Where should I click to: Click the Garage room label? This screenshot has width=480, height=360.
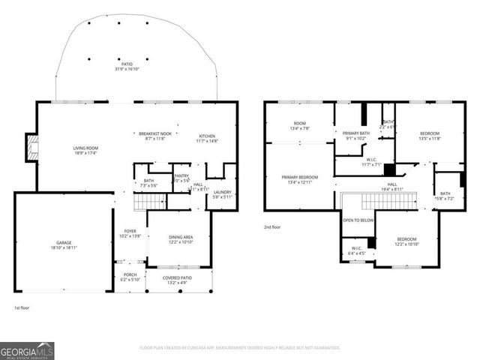[64, 244]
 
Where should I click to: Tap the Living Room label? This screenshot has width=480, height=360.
[85, 148]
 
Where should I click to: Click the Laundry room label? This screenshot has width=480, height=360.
[222, 193]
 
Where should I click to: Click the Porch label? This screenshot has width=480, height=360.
[130, 275]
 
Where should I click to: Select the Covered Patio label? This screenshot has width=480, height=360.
[178, 277]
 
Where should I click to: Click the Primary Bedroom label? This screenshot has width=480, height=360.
[299, 178]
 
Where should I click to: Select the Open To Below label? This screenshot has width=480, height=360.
[358, 220]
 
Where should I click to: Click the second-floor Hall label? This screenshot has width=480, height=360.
[392, 184]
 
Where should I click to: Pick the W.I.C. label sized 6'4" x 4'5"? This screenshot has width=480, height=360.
[356, 250]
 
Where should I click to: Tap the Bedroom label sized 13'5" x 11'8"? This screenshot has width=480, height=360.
[430, 133]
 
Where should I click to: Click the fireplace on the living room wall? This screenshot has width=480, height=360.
[31, 148]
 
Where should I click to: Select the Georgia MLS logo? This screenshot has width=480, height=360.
[27, 350]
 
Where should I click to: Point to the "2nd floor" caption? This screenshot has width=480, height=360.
[273, 226]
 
